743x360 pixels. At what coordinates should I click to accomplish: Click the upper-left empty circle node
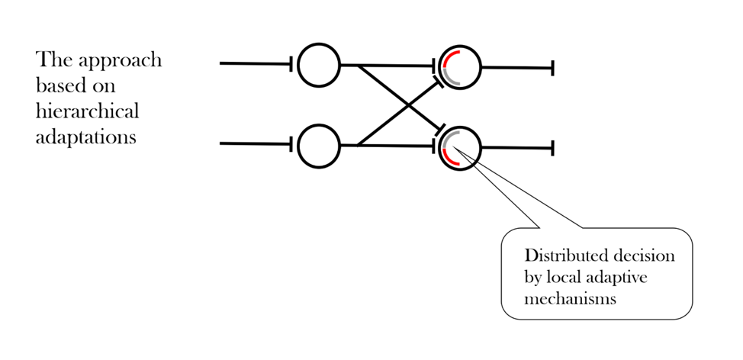pyautogui.click(x=318, y=65)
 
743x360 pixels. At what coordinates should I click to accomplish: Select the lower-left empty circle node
pyautogui.click(x=318, y=144)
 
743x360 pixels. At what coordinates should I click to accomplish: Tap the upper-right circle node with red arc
pyautogui.click(x=460, y=67)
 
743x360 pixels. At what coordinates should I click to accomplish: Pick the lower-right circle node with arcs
pyautogui.click(x=460, y=147)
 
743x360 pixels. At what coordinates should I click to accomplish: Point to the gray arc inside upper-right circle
pyautogui.click(x=452, y=79)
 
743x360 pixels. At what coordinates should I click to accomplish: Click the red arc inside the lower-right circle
pyautogui.click(x=451, y=159)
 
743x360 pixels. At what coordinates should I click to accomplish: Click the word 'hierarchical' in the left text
pyautogui.click(x=87, y=111)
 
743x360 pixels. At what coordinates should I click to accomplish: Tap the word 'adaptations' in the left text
pyautogui.click(x=85, y=138)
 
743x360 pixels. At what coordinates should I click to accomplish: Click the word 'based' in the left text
pyautogui.click(x=59, y=85)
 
